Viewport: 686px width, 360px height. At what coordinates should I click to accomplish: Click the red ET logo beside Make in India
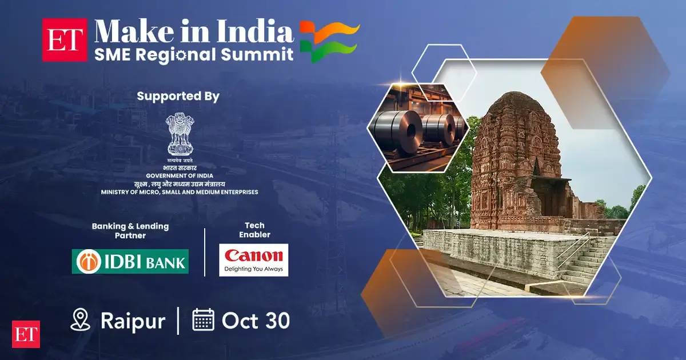click(x=65, y=40)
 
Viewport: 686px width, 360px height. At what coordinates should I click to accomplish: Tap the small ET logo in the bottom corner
click(x=26, y=334)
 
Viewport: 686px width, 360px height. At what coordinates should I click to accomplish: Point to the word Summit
click(x=257, y=54)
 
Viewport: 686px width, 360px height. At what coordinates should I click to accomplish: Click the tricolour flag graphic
click(x=330, y=41)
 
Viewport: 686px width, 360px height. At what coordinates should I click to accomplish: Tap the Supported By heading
click(x=178, y=96)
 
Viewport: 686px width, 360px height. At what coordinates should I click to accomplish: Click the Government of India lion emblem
click(x=180, y=134)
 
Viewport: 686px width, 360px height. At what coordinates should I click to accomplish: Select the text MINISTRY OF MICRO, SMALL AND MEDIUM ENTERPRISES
click(x=180, y=192)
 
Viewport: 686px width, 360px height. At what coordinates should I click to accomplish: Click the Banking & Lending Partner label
click(x=130, y=231)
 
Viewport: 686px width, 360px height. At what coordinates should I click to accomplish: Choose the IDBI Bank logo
click(x=130, y=262)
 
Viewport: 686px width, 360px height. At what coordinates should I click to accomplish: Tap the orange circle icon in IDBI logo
click(x=89, y=262)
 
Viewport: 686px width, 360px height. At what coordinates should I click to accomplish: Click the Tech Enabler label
click(x=254, y=230)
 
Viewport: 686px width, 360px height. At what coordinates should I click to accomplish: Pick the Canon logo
click(x=254, y=260)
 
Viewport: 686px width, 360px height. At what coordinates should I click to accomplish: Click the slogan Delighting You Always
click(x=254, y=269)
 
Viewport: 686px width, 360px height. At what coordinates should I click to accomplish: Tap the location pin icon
click(x=80, y=319)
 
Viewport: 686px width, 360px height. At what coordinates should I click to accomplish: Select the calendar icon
click(x=203, y=319)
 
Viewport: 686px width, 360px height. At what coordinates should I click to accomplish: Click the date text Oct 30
click(x=256, y=321)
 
